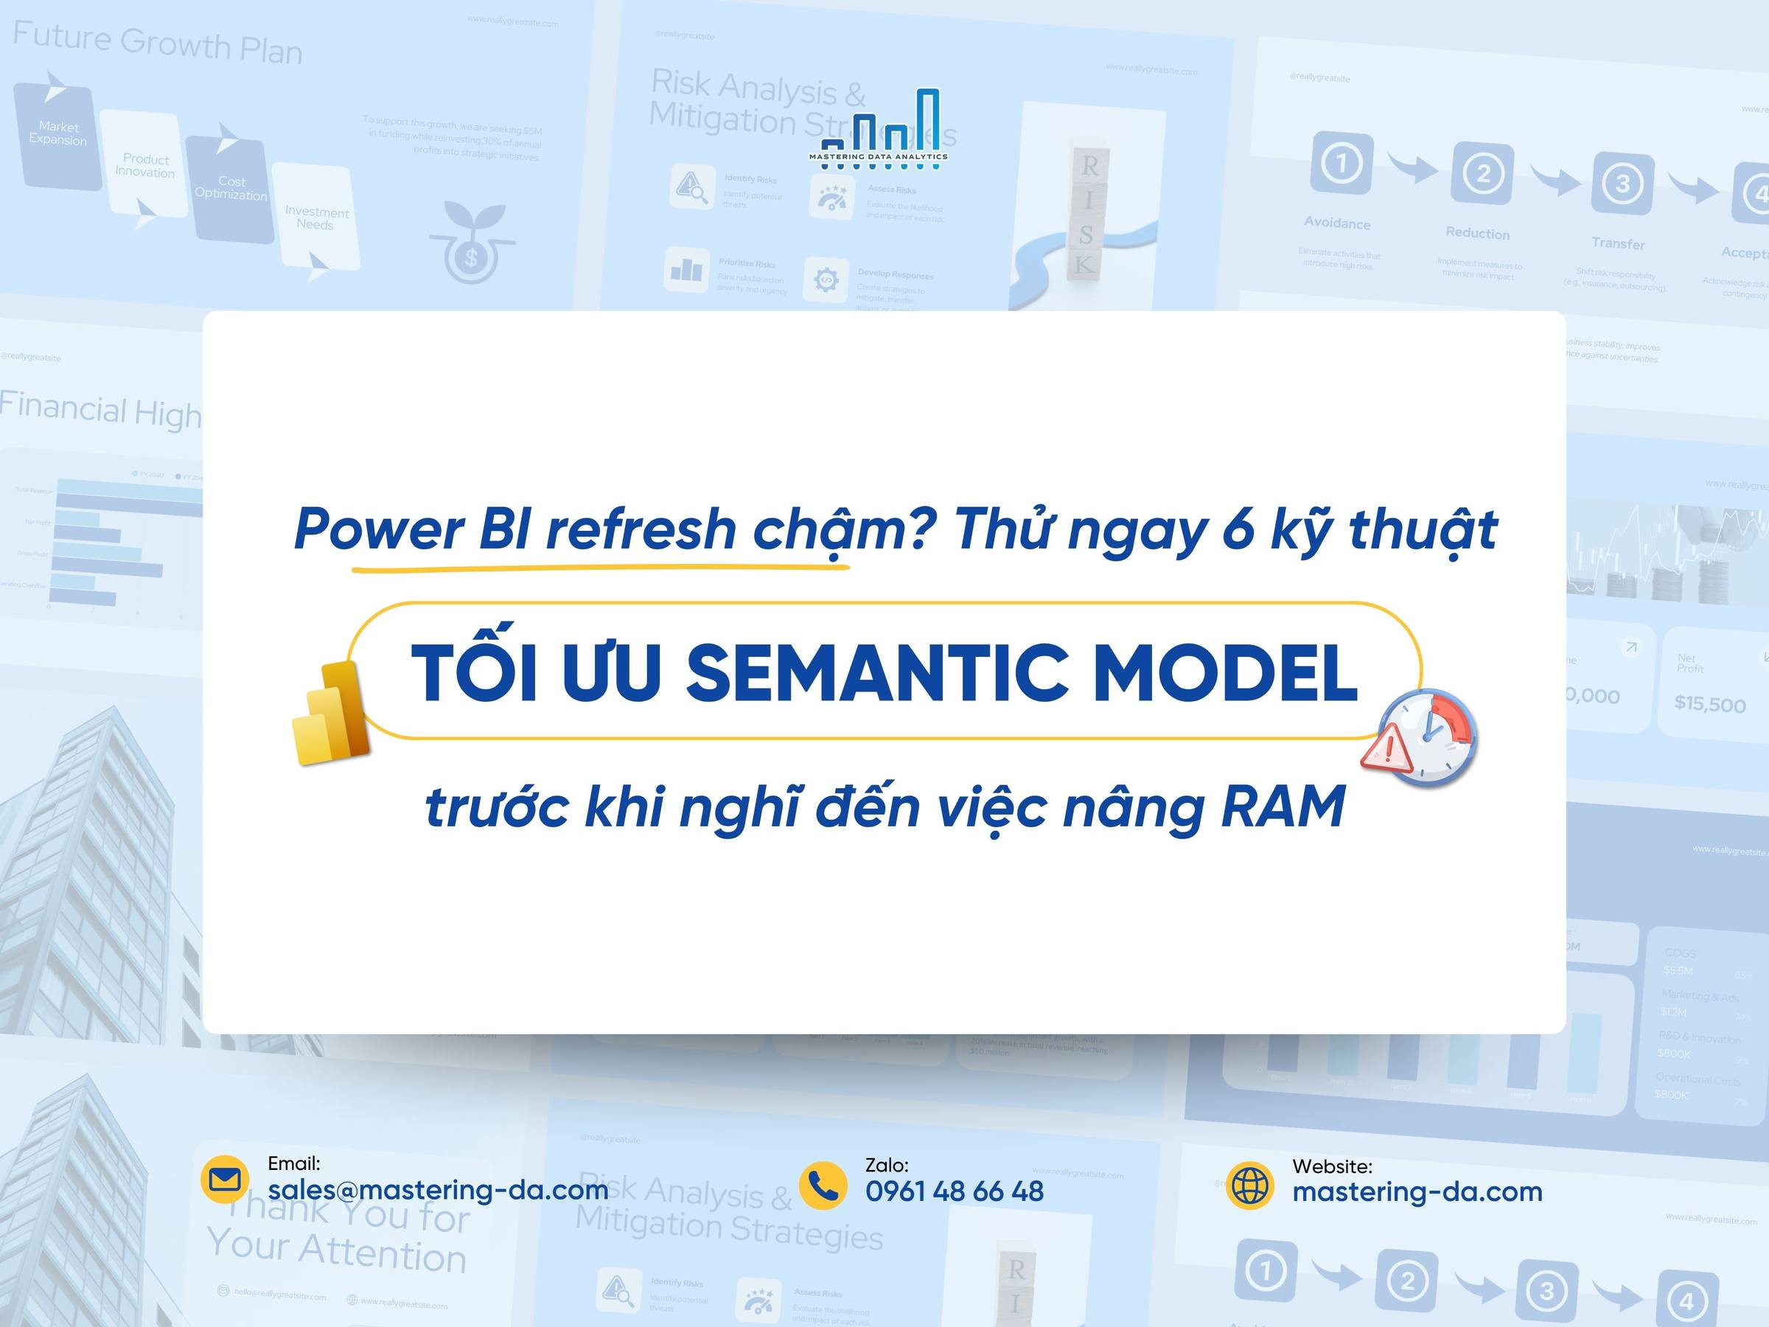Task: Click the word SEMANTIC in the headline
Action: [877, 672]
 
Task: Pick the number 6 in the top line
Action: [1238, 529]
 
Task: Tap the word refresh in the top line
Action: [641, 529]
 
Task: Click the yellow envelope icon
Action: [225, 1180]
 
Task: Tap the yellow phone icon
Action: [823, 1185]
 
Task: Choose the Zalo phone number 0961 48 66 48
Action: [954, 1192]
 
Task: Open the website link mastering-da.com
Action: [1417, 1192]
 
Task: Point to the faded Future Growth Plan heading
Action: [158, 44]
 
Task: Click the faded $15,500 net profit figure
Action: [1710, 704]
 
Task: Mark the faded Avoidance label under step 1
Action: [1337, 223]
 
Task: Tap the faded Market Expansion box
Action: [57, 133]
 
